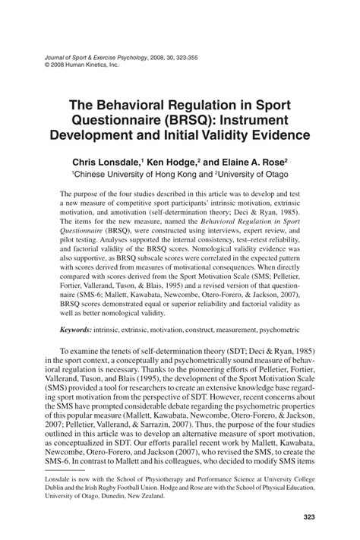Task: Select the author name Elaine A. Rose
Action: [x=251, y=162]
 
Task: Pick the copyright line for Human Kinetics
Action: [x=83, y=65]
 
